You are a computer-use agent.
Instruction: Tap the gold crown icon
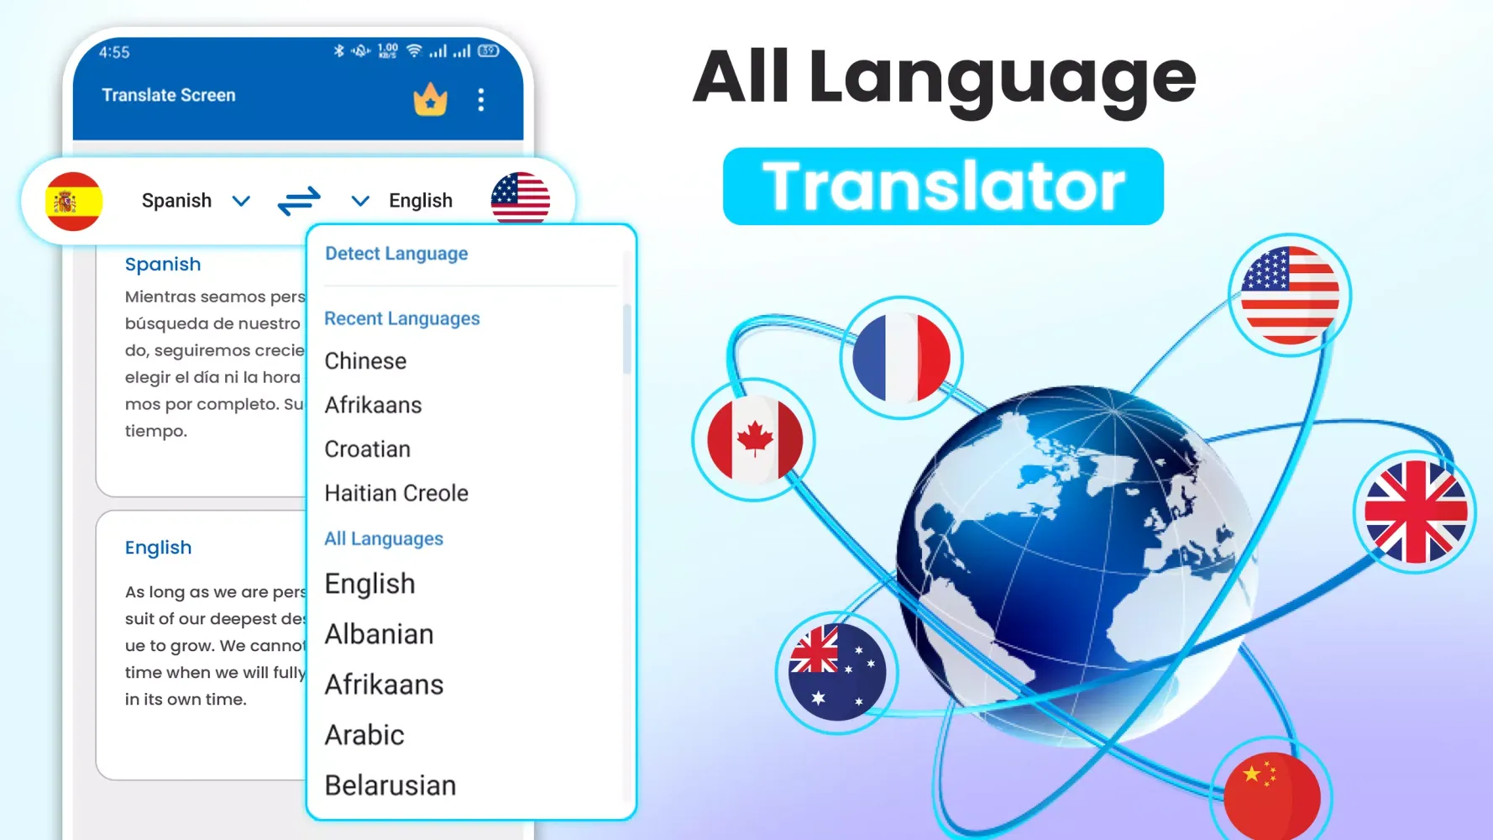[x=430, y=100]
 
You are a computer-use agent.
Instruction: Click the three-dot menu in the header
[x=481, y=100]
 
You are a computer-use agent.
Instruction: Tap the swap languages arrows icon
[x=299, y=201]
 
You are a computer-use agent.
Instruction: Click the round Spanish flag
[x=74, y=202]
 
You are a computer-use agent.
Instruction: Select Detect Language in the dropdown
[x=396, y=254]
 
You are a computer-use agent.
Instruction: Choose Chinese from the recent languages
[x=365, y=361]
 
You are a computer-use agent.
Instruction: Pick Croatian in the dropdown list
[x=367, y=449]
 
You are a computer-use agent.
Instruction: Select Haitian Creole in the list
[x=396, y=493]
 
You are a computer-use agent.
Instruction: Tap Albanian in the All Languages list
[x=379, y=634]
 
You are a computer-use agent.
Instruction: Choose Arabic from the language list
[x=364, y=735]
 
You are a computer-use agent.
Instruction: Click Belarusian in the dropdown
[x=390, y=785]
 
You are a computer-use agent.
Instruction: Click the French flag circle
[x=901, y=358]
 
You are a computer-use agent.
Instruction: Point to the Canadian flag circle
[x=754, y=439]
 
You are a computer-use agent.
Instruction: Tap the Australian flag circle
[x=836, y=672]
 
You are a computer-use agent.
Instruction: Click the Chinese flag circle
[x=1271, y=794]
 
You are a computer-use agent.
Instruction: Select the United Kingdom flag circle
[x=1415, y=512]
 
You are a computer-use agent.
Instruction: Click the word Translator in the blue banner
[x=943, y=186]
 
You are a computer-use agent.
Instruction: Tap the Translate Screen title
[x=169, y=96]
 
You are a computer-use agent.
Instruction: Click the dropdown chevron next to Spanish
[x=241, y=201]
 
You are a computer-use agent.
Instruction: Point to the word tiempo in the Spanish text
[x=155, y=431]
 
